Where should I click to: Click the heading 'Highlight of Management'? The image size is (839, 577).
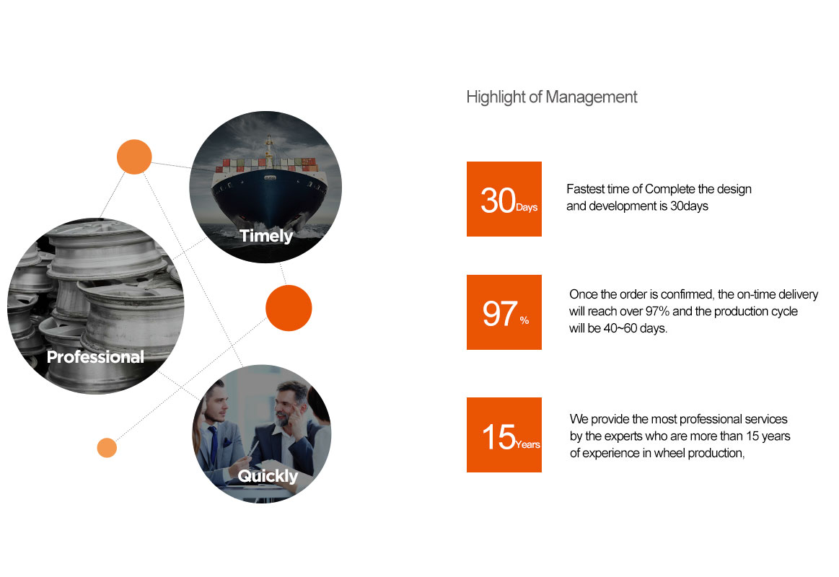[552, 97]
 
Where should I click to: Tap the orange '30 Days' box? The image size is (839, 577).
[504, 199]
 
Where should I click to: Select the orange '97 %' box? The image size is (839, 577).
[504, 312]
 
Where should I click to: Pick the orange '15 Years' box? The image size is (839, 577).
[504, 435]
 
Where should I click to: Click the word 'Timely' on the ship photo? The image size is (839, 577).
[266, 236]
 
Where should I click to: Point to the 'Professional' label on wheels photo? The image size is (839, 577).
[95, 357]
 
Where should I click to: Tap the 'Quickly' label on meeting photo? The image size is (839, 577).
[268, 475]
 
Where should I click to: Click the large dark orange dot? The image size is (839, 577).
[289, 308]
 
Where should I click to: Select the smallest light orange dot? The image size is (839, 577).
[107, 448]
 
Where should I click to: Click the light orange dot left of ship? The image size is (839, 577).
[134, 157]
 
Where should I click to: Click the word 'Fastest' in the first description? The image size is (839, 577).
[585, 189]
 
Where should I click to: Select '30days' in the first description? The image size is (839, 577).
[689, 206]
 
